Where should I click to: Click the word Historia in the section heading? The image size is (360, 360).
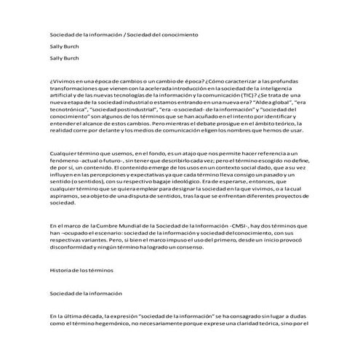click(60, 270)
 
